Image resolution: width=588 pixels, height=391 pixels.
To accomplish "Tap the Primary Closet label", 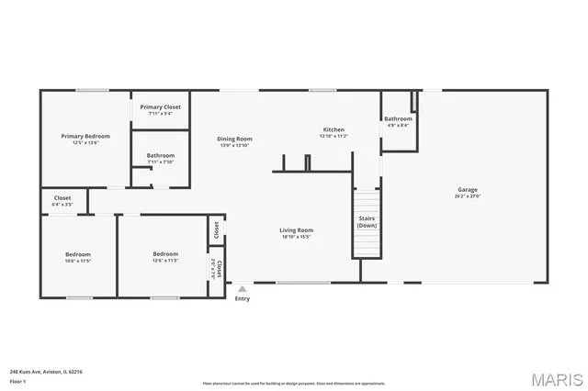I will point(160,107).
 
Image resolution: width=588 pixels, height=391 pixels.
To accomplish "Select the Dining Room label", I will point(235,140).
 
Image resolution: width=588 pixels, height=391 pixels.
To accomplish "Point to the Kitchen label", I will point(333,129).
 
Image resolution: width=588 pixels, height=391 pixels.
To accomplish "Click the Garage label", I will point(467,190).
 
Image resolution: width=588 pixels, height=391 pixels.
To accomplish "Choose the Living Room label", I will point(297,230).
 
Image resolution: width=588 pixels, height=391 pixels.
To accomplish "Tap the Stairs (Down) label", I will point(367,221).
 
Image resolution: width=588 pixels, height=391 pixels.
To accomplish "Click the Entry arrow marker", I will point(242,288).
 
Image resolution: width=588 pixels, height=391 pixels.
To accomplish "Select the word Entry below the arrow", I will point(242,298).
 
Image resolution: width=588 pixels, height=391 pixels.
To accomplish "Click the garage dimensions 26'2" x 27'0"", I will point(467,195).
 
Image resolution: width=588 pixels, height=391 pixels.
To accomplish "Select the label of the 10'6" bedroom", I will point(77,254).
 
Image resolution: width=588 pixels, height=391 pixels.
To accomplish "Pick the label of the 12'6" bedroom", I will point(165,254).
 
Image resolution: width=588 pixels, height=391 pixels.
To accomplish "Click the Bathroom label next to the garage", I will point(398,118).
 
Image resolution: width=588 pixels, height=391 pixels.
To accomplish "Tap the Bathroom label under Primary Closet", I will point(160,155).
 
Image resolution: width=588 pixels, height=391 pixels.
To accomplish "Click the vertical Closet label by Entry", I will point(219,268).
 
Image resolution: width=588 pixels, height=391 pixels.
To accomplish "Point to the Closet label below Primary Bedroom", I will point(62,197).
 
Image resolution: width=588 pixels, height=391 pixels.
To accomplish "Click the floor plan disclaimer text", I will point(293,383).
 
